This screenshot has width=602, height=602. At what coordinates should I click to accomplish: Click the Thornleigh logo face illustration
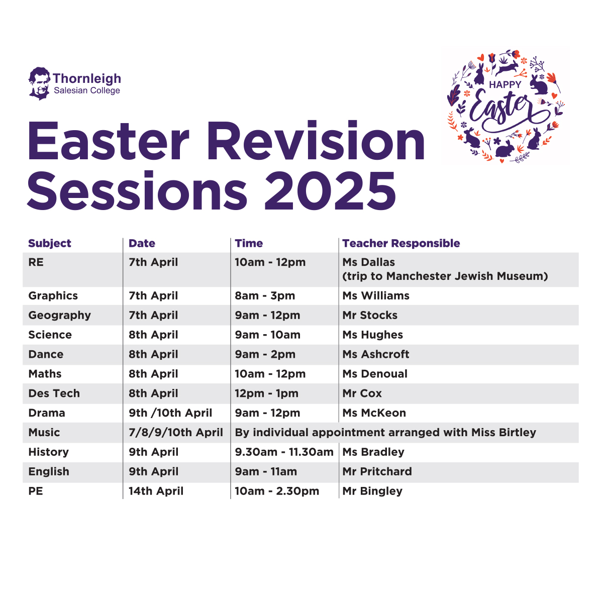39,83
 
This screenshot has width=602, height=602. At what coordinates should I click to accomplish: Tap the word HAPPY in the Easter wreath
505,84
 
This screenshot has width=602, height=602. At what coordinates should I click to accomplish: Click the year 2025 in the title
330,191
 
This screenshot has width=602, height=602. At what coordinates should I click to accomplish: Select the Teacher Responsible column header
401,243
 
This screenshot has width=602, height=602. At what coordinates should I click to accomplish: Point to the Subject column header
50,243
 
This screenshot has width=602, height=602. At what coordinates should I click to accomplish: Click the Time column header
249,243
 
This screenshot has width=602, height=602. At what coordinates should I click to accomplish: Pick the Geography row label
59,316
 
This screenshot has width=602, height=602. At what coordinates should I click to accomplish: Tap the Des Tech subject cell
54,393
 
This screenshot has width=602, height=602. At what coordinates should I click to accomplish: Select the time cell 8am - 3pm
265,295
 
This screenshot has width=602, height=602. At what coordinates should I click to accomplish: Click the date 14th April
156,491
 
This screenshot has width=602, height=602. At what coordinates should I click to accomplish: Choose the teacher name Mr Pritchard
377,471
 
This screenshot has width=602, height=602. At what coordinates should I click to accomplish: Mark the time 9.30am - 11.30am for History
284,452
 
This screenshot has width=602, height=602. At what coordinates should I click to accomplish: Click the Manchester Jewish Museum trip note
445,276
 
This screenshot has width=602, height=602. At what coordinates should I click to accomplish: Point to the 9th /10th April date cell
170,413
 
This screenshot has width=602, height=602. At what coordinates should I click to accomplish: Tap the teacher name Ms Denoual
375,373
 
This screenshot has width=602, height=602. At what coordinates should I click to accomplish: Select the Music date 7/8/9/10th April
176,432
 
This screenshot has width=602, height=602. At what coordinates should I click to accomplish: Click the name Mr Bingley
372,491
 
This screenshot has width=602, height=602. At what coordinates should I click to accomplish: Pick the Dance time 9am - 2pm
265,354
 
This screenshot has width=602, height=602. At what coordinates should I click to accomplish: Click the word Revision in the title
316,141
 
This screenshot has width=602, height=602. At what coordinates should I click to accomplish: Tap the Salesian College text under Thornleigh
87,90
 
